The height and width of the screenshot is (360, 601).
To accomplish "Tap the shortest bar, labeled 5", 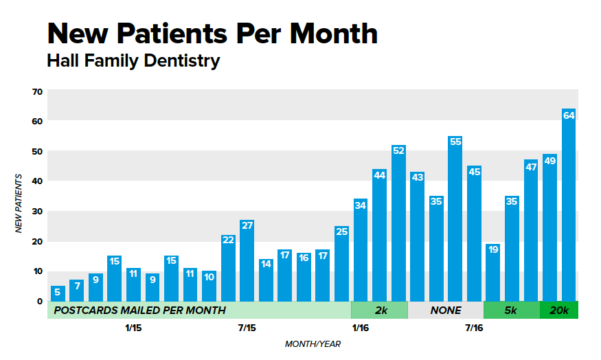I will (58, 293).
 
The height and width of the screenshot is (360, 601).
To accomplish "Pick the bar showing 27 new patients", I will (247, 260).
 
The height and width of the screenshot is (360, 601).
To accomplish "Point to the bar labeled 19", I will (492, 272).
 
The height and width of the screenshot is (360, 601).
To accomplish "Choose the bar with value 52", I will (398, 223).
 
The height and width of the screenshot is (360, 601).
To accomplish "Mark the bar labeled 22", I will (228, 268).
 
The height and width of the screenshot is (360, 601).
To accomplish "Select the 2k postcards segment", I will (379, 311).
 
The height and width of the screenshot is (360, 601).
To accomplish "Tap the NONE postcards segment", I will (446, 311).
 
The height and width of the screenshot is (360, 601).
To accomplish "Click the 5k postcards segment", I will (511, 311).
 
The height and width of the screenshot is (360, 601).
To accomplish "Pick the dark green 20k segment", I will (559, 311).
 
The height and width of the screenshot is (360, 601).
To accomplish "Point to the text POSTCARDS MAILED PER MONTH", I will (139, 311).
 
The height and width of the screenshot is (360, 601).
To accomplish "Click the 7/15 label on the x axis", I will (247, 328).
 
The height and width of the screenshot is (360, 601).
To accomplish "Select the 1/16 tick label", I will (360, 328).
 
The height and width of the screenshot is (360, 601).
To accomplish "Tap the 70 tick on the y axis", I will (37, 91).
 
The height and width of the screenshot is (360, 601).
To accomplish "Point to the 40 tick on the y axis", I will (37, 181).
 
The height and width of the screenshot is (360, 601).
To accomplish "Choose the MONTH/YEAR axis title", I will (313, 344).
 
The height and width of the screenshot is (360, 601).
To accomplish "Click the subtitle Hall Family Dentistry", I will (133, 60).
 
